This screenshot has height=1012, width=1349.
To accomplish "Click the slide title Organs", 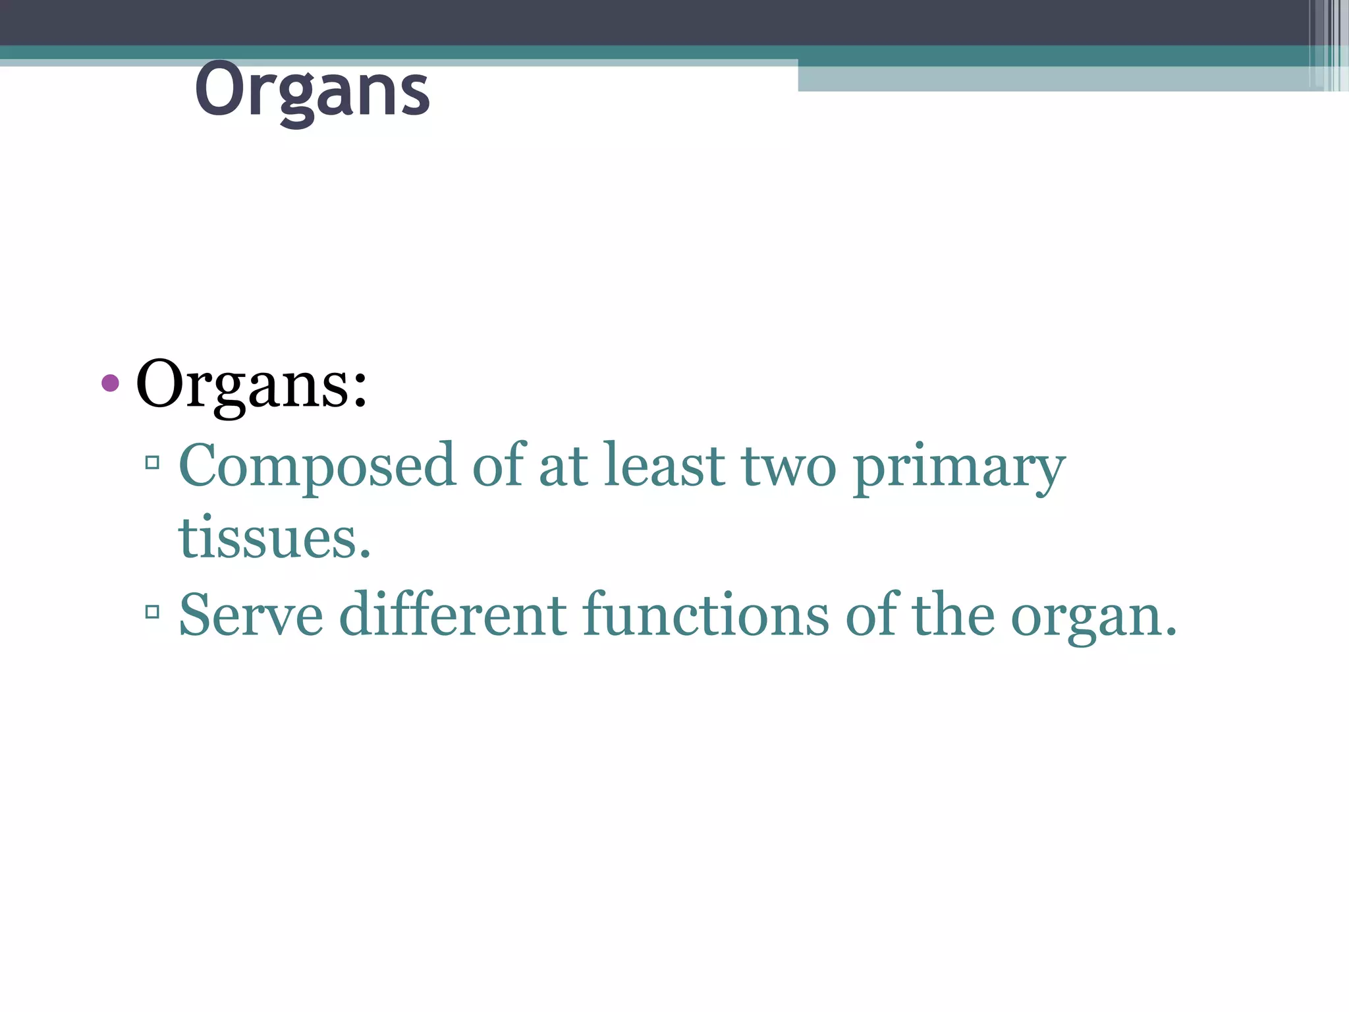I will click(x=312, y=90).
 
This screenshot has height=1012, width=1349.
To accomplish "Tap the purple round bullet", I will click(x=111, y=383).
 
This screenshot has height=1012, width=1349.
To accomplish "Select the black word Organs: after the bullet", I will click(x=251, y=385).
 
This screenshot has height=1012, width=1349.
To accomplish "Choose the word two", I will click(x=788, y=466).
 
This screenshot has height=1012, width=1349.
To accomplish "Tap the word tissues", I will click(x=274, y=538).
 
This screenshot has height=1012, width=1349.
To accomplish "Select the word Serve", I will click(x=251, y=615).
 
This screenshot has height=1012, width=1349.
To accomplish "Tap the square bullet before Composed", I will click(x=152, y=463).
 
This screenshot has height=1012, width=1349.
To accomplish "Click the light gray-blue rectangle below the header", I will click(x=1054, y=78).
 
